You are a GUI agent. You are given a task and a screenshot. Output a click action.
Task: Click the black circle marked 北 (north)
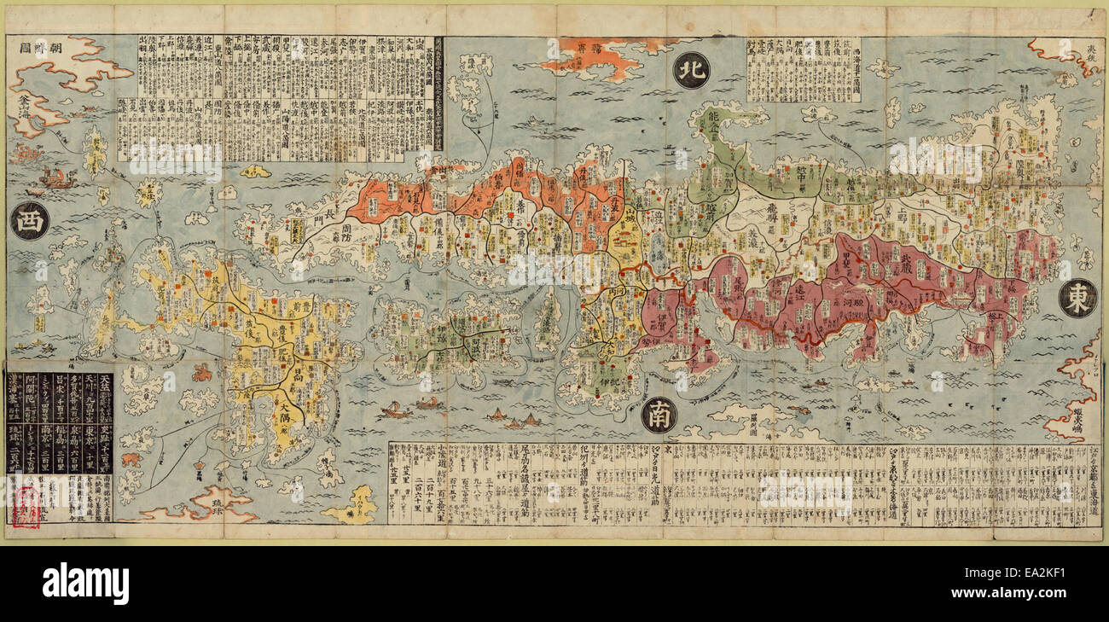[690, 71]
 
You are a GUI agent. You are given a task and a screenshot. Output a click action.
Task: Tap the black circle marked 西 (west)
[29, 220]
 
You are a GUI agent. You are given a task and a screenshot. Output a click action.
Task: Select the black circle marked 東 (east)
[1077, 299]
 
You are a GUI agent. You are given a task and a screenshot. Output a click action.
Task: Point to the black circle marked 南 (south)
[659, 415]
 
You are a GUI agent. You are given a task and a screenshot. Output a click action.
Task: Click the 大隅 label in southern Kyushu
[294, 416]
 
